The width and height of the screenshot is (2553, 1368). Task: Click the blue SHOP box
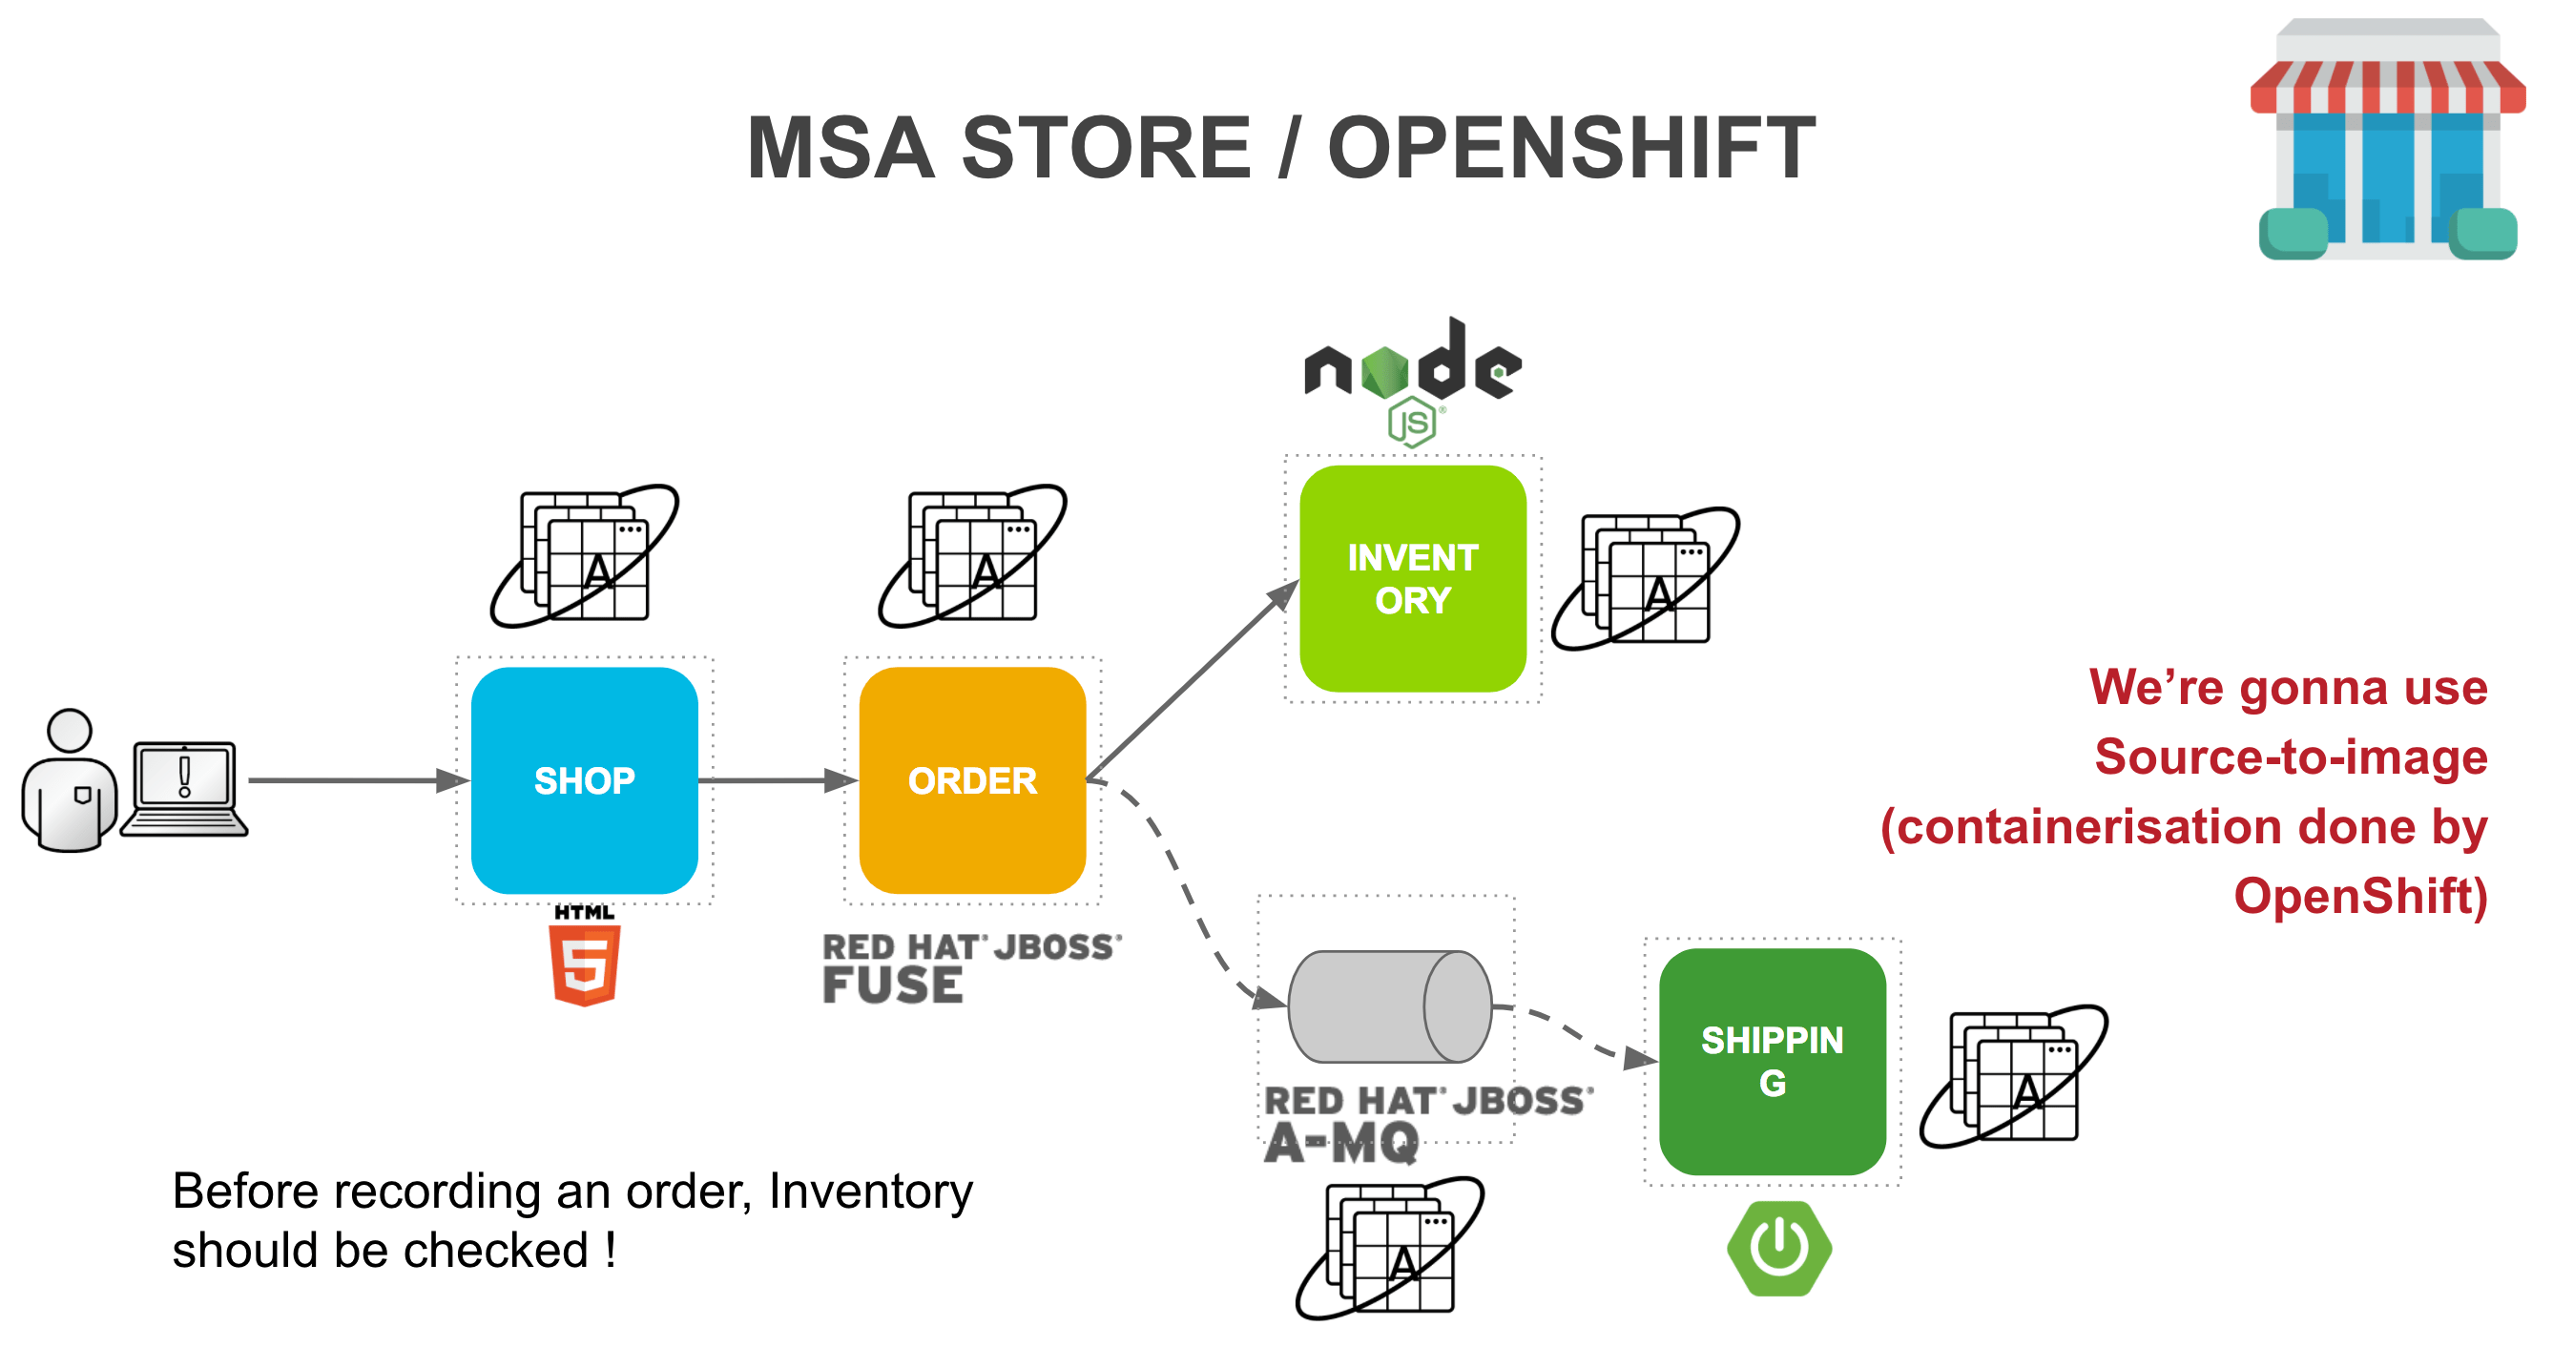coord(584,780)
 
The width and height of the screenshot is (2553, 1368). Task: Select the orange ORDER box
coord(972,780)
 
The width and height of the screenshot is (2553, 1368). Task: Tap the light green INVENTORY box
coord(1412,578)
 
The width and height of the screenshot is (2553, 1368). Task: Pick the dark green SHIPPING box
coord(1772,1061)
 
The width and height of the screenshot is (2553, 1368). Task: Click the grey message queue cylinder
coord(1388,1006)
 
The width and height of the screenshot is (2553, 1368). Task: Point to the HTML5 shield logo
coord(585,964)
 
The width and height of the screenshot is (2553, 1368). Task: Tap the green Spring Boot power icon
coord(1779,1248)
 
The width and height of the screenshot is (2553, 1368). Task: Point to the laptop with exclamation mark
coord(184,788)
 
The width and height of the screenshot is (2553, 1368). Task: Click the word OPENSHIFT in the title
coord(1571,149)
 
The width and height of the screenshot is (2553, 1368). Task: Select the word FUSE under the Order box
coord(892,985)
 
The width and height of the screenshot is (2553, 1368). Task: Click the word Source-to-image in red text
coord(2291,757)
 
